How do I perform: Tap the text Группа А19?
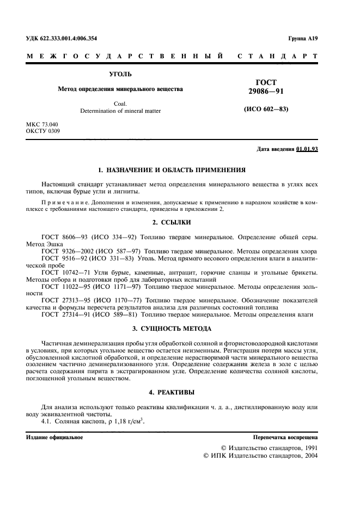(x=303, y=39)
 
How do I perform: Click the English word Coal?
(x=120, y=103)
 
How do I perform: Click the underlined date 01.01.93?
(x=307, y=149)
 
